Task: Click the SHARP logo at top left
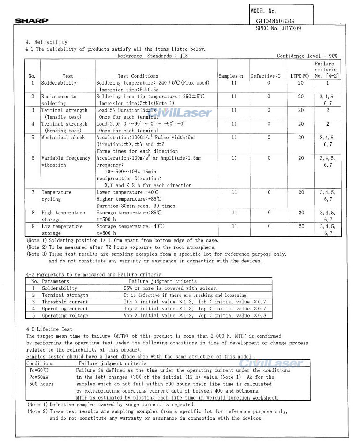31,21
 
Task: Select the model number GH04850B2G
275,21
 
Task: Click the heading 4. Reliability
46,42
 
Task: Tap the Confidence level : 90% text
307,56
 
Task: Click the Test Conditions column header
138,76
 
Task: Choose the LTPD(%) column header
300,76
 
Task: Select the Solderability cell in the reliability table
59,83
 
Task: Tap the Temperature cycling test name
56,195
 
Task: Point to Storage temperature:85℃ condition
129,213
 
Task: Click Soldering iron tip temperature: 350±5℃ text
150,97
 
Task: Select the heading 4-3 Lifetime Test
49,329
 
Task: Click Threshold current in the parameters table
65,302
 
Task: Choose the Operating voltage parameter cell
65,316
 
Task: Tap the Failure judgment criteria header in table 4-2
163,281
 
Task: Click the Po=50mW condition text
39,377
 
